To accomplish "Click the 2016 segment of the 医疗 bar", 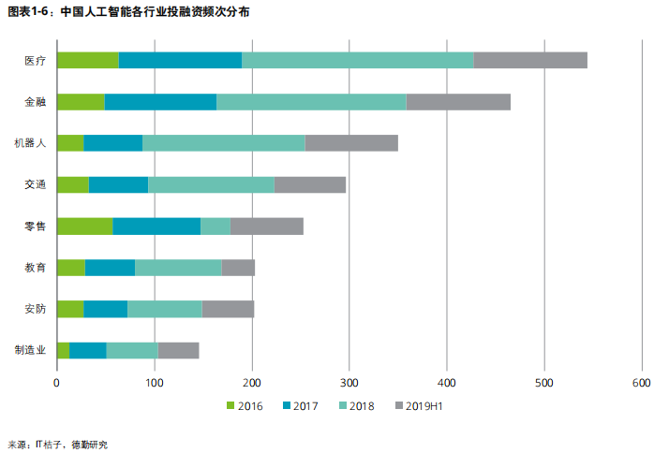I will pyautogui.click(x=88, y=61).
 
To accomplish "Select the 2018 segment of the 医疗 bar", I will pyautogui.click(x=358, y=61).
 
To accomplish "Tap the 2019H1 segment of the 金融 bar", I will pyautogui.click(x=458, y=102).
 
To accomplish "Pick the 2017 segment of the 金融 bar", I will pyautogui.click(x=160, y=102).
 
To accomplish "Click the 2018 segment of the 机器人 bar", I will pyautogui.click(x=224, y=143).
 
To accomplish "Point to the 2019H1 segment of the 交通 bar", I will pyautogui.click(x=310, y=184).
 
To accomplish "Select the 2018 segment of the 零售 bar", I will pyautogui.click(x=216, y=226).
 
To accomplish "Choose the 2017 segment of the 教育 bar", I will pyautogui.click(x=110, y=268).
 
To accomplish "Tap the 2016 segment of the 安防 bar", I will pyautogui.click(x=70, y=309).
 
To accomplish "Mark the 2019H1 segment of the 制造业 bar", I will pyautogui.click(x=178, y=350).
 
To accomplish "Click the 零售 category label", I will pyautogui.click(x=35, y=226).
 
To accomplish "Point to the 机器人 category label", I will pyautogui.click(x=30, y=143).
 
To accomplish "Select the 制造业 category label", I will pyautogui.click(x=30, y=350).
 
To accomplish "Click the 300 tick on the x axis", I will pyautogui.click(x=349, y=383).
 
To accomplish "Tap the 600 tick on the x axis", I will pyautogui.click(x=641, y=383).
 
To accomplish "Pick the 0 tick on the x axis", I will pyautogui.click(x=57, y=383).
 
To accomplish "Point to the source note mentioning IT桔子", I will pyautogui.click(x=58, y=444).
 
